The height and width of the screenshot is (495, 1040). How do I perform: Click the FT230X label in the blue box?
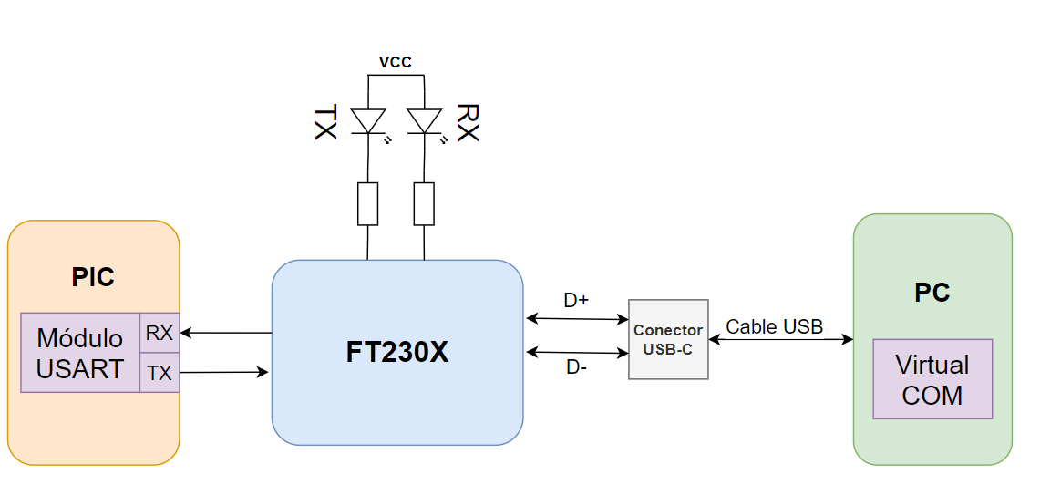(396, 353)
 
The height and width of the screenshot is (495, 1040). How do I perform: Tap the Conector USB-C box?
(668, 339)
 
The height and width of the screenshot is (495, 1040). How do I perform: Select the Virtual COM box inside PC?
(932, 379)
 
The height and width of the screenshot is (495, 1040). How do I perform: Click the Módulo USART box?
(80, 353)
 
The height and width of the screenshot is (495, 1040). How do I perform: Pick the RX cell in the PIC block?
(160, 333)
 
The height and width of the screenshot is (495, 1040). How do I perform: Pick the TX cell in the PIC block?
(160, 373)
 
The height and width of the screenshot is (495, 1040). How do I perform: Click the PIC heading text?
(93, 277)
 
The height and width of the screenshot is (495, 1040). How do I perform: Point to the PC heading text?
(932, 293)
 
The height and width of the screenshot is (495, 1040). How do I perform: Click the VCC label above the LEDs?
(396, 63)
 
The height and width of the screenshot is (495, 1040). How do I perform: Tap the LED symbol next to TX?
(368, 122)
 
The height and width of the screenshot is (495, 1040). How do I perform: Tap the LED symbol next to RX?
(425, 122)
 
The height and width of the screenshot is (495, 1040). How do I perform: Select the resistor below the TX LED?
(367, 203)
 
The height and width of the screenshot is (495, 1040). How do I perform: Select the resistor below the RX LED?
(424, 203)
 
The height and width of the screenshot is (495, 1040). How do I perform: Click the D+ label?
(575, 300)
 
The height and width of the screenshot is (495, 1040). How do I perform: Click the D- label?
(575, 367)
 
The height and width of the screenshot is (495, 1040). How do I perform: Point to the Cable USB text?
(774, 326)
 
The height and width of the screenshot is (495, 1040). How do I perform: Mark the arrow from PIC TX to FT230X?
(224, 372)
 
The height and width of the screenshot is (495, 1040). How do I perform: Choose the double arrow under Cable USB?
(780, 340)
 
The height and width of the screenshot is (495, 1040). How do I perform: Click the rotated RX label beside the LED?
(467, 122)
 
